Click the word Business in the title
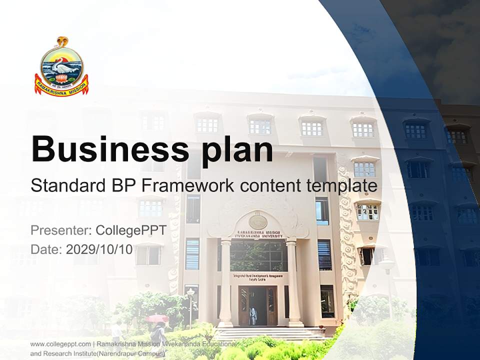point(106,148)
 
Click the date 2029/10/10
point(99,249)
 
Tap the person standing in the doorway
point(253,316)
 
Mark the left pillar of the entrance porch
point(225,282)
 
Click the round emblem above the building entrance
point(257,220)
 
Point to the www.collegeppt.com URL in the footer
point(60,344)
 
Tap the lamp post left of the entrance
point(190,305)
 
